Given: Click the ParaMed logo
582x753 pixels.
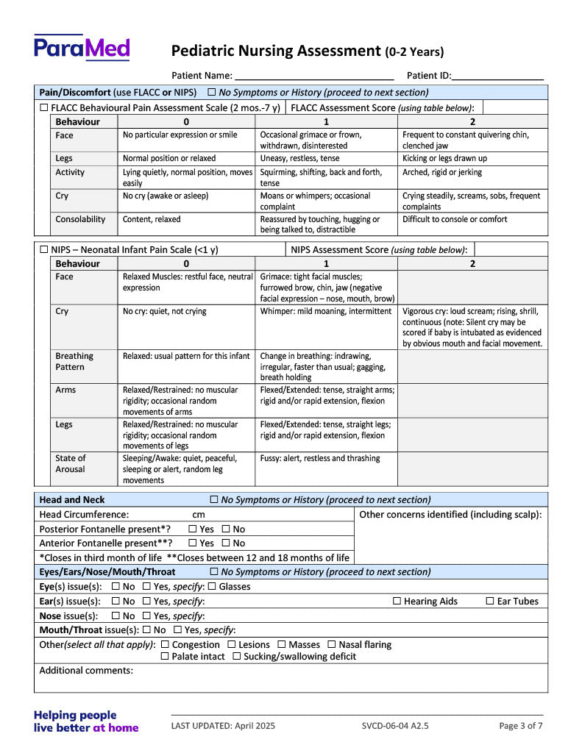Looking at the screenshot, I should click(x=82, y=49).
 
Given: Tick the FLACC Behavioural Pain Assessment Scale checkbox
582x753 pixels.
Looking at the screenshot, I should click(x=43, y=108).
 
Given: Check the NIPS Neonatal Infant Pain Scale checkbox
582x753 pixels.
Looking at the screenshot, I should click(x=43, y=250).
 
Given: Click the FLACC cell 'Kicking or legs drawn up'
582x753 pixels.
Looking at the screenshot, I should click(x=444, y=158).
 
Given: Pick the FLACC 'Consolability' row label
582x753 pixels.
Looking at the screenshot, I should click(x=80, y=219).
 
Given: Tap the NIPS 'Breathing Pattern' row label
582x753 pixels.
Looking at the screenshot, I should click(x=74, y=361).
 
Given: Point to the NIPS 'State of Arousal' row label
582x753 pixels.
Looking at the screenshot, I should click(x=70, y=463).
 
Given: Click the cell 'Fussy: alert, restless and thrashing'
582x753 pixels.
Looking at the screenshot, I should click(x=320, y=458).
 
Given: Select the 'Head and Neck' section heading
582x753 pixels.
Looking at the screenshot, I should click(x=72, y=499).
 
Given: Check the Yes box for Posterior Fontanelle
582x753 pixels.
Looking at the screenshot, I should click(x=193, y=529).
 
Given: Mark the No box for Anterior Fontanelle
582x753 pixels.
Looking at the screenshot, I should click(x=226, y=543).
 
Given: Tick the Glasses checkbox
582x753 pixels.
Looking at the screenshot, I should click(x=212, y=587).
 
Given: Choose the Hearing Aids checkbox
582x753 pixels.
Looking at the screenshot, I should click(x=397, y=602).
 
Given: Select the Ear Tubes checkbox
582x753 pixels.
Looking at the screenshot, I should click(x=490, y=602).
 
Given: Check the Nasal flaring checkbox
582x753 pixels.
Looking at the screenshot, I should click(x=331, y=645).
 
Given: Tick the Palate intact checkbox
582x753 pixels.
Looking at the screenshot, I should click(x=164, y=657).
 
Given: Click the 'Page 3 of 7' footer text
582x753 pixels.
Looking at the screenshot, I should click(x=520, y=726).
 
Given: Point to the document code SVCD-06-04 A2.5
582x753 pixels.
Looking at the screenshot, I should click(x=395, y=726).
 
